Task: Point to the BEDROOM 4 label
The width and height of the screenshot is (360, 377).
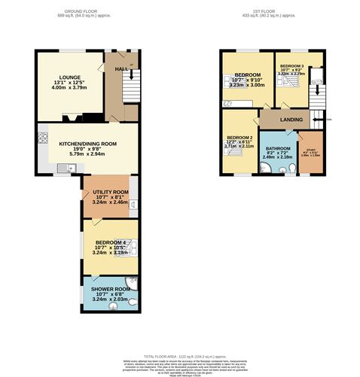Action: click(110, 242)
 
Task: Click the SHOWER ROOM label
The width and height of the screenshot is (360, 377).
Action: click(111, 288)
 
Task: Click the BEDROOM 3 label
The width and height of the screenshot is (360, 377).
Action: click(291, 67)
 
